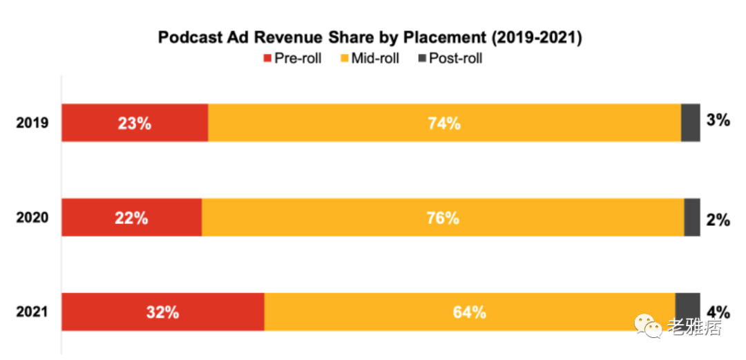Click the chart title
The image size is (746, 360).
point(370,37)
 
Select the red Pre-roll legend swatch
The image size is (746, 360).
point(267,59)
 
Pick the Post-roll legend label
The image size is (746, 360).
point(455,59)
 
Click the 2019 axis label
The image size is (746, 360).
point(32,123)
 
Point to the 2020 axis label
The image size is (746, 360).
point(32,218)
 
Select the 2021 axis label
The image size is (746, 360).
point(32,312)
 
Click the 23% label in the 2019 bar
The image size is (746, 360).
point(135,124)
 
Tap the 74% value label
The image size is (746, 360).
point(444,124)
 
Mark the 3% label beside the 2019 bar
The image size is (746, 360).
point(718,120)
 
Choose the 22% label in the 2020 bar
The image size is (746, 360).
point(131,218)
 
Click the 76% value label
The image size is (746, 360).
point(443,218)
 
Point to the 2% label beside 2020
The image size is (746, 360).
point(718,220)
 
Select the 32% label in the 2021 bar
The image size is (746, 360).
point(162,312)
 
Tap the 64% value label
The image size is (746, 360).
point(470,312)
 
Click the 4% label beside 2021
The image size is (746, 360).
point(718,311)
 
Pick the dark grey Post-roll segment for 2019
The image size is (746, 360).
point(691,123)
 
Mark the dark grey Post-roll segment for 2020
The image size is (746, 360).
point(692,218)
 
